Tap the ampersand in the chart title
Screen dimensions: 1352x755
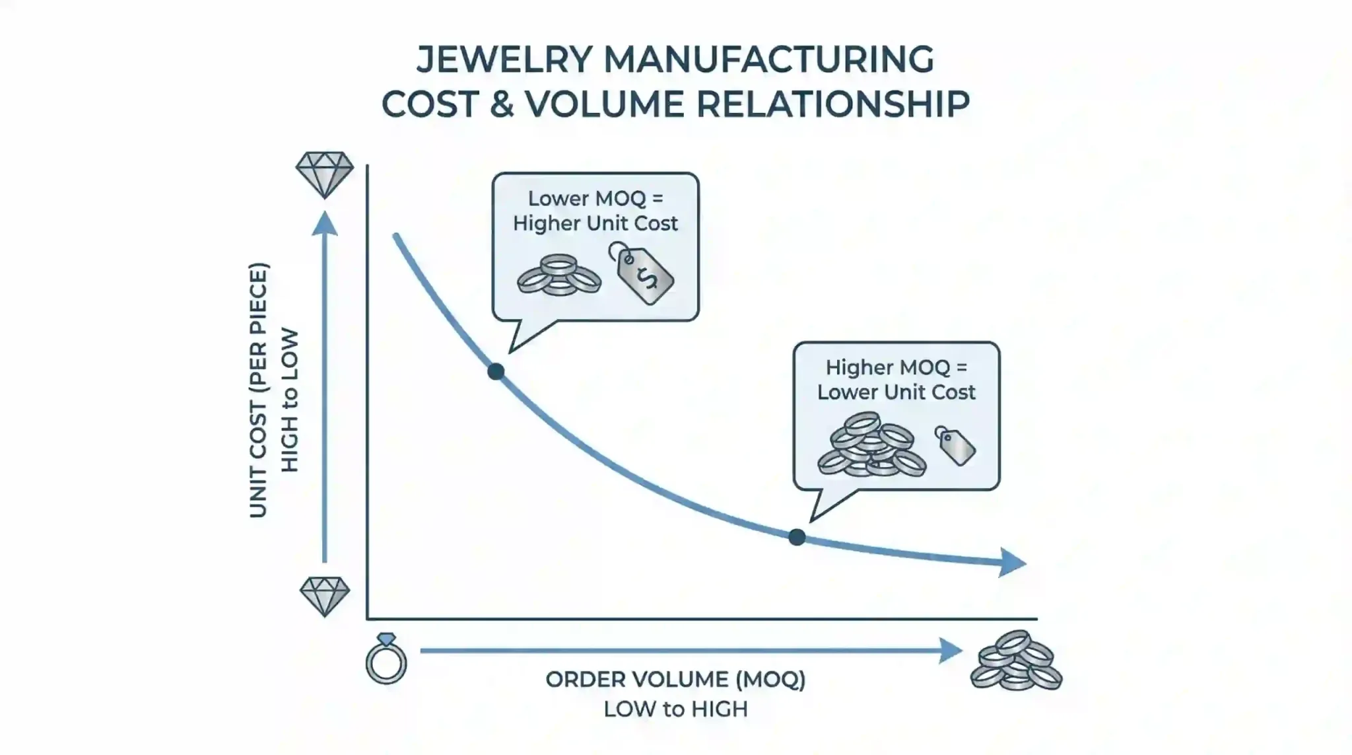coord(502,104)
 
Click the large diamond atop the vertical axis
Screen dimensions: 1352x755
coord(324,175)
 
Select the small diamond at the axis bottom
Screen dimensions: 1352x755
coord(324,596)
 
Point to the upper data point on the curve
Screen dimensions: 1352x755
coord(496,371)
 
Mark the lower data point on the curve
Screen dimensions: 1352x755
coord(797,537)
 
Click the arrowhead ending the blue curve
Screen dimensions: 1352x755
coord(1012,563)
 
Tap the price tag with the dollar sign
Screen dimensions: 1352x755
coord(642,273)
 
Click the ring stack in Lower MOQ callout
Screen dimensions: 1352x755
coord(558,275)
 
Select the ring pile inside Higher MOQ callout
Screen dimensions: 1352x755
coord(871,445)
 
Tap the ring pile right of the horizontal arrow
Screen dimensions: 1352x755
coord(1016,661)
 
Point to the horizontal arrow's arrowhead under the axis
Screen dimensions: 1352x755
coord(951,651)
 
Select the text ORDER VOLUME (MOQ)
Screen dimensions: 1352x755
coord(675,680)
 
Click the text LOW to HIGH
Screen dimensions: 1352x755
coord(675,709)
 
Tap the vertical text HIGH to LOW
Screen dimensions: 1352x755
coord(290,401)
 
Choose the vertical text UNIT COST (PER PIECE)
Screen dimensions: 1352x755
coord(259,390)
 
